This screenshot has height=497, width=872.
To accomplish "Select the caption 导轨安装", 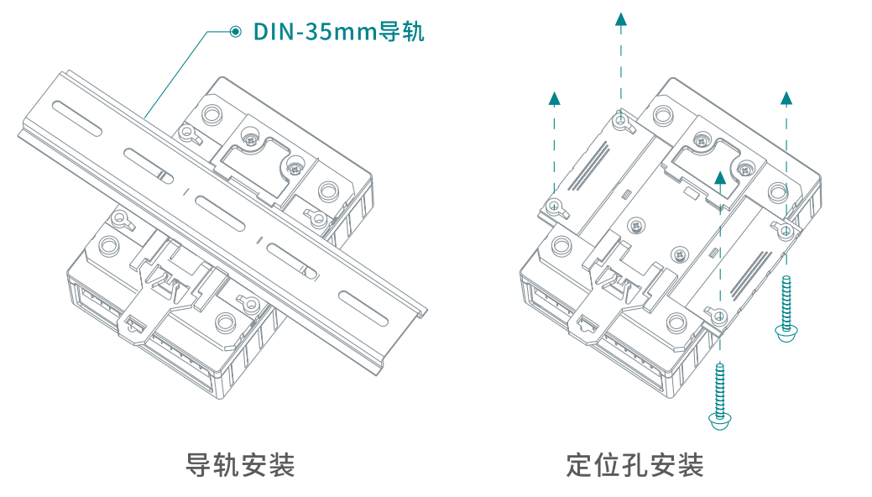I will point(240,464).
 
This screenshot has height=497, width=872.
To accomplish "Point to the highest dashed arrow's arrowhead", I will point(620,20).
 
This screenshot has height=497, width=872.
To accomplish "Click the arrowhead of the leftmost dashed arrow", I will point(554,97).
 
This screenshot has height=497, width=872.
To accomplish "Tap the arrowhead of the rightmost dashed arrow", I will point(786,97).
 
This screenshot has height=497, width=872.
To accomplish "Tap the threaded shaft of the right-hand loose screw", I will point(786,302).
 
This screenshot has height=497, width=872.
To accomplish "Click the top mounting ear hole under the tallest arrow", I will point(620,123).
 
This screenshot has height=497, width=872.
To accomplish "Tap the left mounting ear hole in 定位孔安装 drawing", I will point(554,204).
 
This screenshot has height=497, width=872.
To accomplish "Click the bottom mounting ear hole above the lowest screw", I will point(719,317).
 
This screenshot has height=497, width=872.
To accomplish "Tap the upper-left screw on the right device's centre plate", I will point(639,224).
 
